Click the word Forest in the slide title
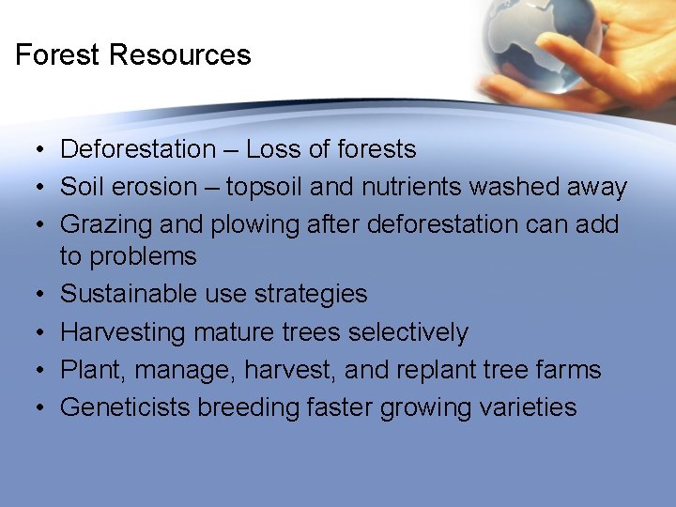point(58,54)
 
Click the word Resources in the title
point(179,54)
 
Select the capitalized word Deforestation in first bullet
point(138,149)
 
